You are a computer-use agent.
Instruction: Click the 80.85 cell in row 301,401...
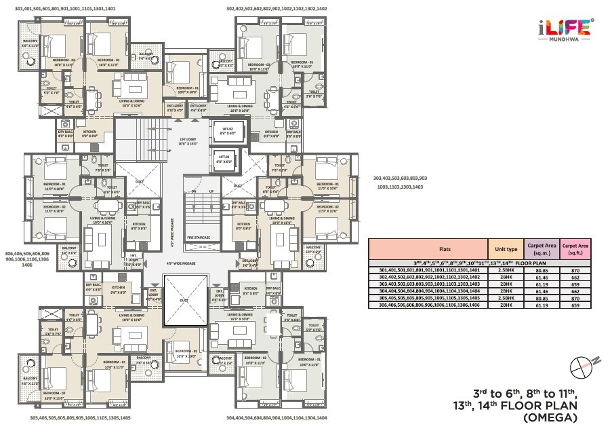click(542, 270)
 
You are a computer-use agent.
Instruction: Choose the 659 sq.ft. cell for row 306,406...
click(575, 305)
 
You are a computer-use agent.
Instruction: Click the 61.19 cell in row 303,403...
click(542, 284)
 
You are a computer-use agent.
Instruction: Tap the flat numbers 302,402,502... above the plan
click(276, 9)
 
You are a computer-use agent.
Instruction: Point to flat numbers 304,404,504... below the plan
click(276, 418)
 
